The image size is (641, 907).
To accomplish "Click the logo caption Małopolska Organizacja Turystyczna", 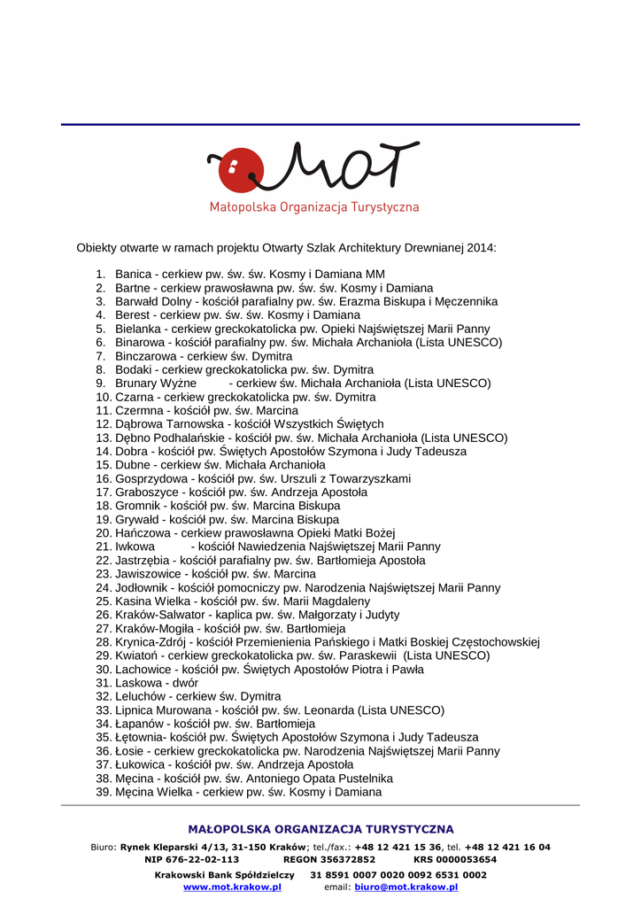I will pyautogui.click(x=314, y=207).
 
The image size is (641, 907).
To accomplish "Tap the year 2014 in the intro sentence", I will pyautogui.click(x=480, y=247).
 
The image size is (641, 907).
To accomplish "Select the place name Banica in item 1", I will pyautogui.click(x=134, y=275).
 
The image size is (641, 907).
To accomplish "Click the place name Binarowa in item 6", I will pyautogui.click(x=139, y=342).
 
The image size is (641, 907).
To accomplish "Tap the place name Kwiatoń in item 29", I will pyautogui.click(x=136, y=655).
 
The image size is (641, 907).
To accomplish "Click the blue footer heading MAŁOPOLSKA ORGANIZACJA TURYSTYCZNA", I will pyautogui.click(x=320, y=830).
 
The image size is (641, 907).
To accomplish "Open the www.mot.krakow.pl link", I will pyautogui.click(x=232, y=887).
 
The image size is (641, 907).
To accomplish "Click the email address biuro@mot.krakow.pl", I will pyautogui.click(x=406, y=887).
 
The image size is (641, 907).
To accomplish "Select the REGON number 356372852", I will pyautogui.click(x=345, y=859).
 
